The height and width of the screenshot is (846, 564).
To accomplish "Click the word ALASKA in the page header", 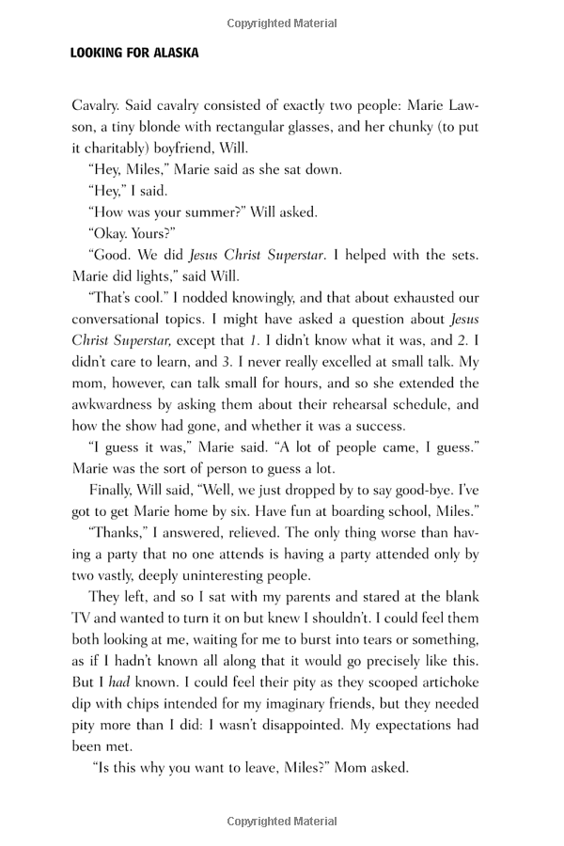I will (171, 54).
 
